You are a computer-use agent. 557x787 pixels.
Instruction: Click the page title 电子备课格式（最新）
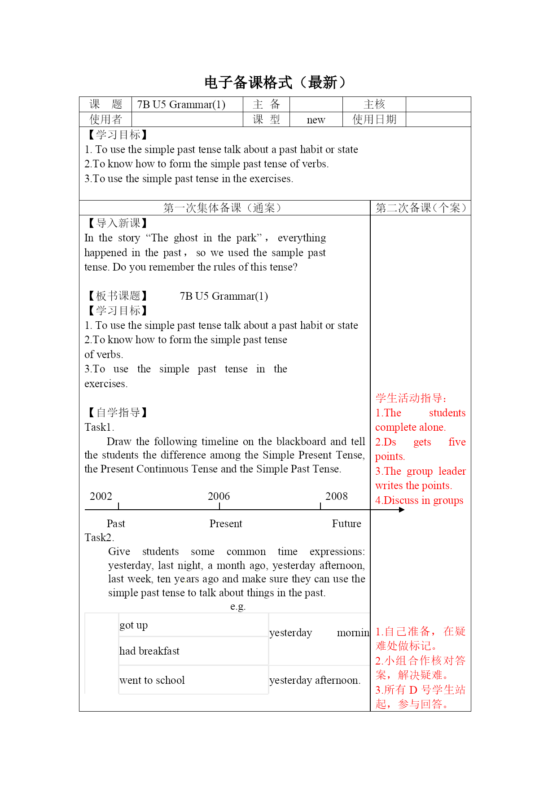point(275,83)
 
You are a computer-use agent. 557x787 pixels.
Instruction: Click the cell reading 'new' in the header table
point(316,120)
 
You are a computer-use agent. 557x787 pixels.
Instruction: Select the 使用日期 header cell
point(374,119)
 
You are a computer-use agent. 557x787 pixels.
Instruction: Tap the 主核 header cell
point(374,105)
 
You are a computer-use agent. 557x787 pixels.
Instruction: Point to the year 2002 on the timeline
point(101,496)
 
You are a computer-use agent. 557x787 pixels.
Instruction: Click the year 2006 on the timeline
point(219,496)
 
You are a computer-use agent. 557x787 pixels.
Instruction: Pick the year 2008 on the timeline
point(337,496)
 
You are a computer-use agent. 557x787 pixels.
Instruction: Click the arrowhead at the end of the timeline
point(402,510)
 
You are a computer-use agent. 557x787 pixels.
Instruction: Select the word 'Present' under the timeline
point(226,524)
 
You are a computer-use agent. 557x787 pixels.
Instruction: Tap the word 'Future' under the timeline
point(346,524)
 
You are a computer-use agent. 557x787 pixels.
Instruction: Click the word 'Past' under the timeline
point(116,524)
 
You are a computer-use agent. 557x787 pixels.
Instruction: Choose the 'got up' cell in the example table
point(134,625)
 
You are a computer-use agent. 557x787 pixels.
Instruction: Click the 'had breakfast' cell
point(149,651)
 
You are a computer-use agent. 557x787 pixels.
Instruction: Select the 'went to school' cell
point(152,680)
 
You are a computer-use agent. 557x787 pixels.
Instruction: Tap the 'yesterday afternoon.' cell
point(315,680)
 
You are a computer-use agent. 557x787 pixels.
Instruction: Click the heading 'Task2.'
point(99,538)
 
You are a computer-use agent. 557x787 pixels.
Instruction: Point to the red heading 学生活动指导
point(411,398)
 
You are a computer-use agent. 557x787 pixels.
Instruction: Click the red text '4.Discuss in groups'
point(419,500)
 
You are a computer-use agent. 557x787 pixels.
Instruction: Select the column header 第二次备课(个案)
point(421,208)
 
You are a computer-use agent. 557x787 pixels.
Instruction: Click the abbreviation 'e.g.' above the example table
point(238,607)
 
